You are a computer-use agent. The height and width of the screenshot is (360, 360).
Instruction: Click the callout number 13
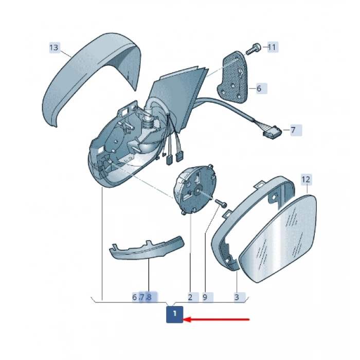point(54,47)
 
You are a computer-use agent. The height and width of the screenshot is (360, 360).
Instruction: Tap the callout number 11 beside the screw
point(272,47)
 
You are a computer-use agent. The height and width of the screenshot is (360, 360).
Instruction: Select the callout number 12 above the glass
point(306,179)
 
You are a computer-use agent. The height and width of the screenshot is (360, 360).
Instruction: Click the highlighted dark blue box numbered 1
point(175,314)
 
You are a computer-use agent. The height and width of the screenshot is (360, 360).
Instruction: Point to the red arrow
point(217,319)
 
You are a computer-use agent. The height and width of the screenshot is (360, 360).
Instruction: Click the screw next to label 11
point(254,49)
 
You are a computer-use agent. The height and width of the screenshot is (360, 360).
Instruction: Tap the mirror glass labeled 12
point(278,239)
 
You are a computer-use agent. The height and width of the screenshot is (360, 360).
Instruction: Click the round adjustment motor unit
point(195,189)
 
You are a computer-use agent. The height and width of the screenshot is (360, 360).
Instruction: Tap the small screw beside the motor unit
point(221,203)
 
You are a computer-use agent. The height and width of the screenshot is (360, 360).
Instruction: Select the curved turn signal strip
point(147,249)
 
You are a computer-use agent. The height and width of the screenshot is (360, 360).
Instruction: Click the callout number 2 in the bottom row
point(190,297)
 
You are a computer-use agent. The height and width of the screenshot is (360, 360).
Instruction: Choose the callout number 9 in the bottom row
point(205,297)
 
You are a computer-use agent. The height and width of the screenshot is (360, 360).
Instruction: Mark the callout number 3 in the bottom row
point(237,297)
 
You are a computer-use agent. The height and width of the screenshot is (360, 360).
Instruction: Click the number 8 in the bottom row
point(149,297)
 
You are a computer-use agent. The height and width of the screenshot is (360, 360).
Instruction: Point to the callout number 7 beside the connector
point(293,130)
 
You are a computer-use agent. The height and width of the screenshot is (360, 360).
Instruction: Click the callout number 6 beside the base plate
point(259,88)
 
